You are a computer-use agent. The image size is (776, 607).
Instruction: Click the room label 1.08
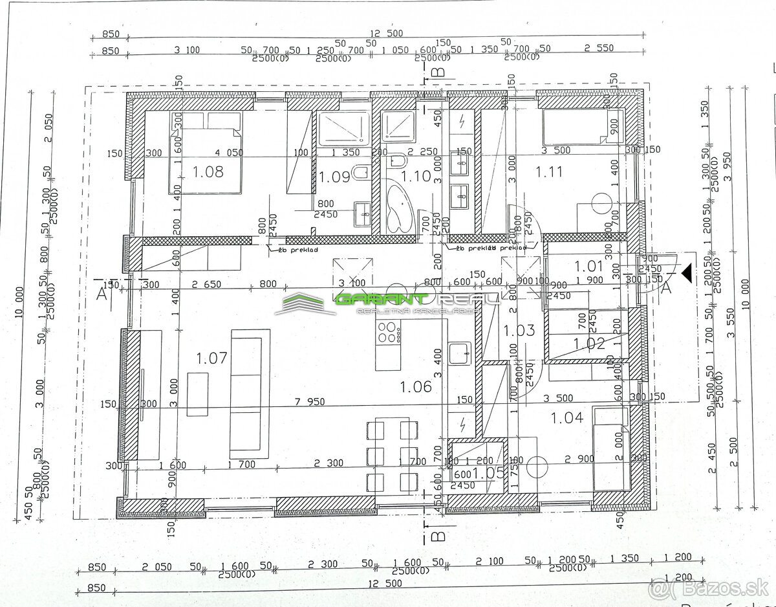tap(208, 171)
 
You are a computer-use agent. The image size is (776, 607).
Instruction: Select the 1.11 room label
tap(548, 171)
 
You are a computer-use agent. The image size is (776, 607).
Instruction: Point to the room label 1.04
tap(566, 417)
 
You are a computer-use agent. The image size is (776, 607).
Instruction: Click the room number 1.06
tap(415, 386)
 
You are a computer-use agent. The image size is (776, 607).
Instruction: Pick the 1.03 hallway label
tap(519, 330)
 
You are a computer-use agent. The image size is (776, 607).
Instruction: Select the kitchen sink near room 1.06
tap(460, 353)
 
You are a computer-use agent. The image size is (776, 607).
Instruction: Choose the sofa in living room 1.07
tap(250, 392)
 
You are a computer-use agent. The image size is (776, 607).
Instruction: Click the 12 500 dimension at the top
tap(386, 34)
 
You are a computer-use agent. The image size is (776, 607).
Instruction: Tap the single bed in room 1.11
tap(582, 127)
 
